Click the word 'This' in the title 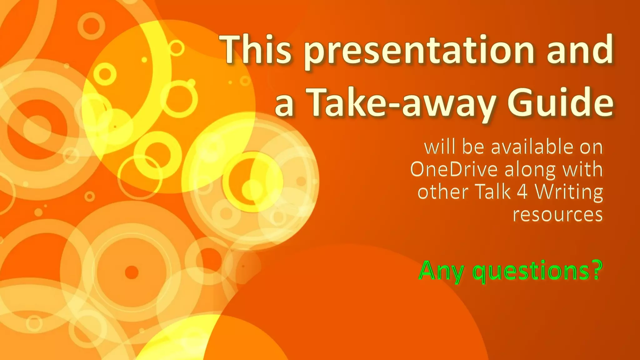pyautogui.click(x=256, y=50)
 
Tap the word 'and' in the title pyautogui.click(x=580, y=50)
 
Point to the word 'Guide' pyautogui.click(x=560, y=102)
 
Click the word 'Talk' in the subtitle pyautogui.click(x=493, y=192)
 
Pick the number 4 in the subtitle pyautogui.click(x=522, y=192)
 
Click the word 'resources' pyautogui.click(x=557, y=215)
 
